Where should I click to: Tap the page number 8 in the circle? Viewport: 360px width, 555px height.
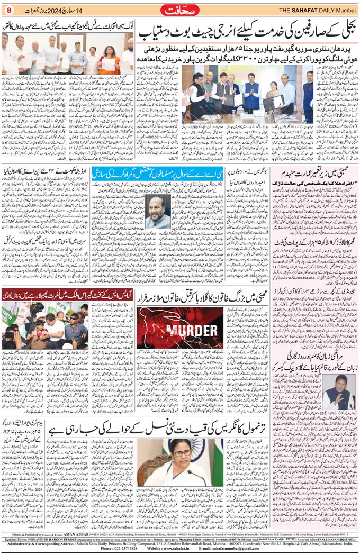[8, 10]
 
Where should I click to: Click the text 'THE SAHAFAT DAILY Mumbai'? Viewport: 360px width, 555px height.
[317, 10]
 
